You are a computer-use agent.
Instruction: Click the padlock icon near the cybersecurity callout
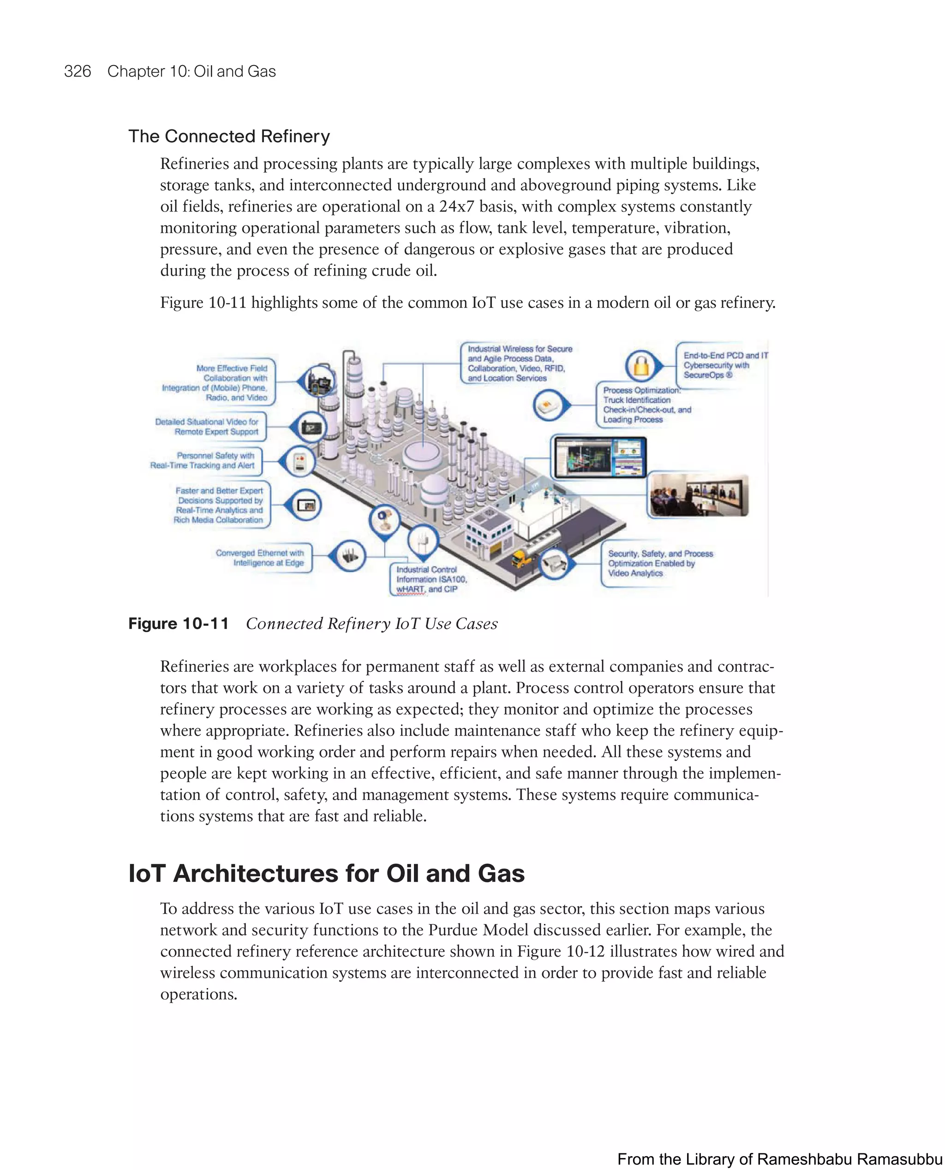click(x=642, y=366)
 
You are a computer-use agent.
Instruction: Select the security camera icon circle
click(x=554, y=564)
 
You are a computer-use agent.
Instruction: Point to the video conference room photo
click(x=699, y=495)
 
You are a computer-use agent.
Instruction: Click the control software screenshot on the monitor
click(x=599, y=457)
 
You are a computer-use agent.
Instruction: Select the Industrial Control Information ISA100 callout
click(x=430, y=579)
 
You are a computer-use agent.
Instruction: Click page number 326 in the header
click(x=78, y=72)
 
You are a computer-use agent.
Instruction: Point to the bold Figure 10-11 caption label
click(x=179, y=623)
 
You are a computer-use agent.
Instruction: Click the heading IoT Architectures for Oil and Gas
click(x=327, y=873)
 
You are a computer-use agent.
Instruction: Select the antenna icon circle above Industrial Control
click(x=422, y=541)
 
